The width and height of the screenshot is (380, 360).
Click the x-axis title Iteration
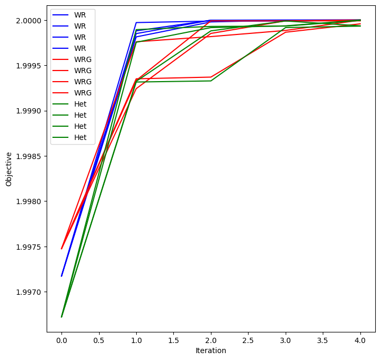pyautogui.click(x=211, y=350)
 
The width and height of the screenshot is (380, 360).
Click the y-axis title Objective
pyautogui.click(x=8, y=169)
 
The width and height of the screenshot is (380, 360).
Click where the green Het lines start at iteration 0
pyautogui.click(x=61, y=317)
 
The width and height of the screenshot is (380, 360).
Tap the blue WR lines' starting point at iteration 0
pyautogui.click(x=61, y=276)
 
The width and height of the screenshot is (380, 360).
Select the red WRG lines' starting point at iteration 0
pyautogui.click(x=61, y=248)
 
